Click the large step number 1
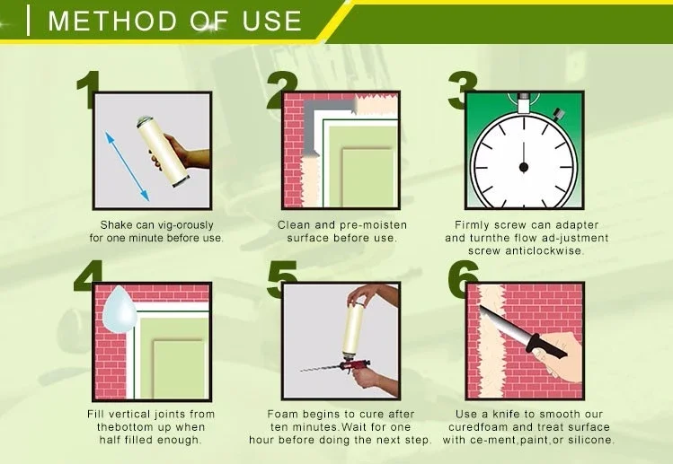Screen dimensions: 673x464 click(89, 90)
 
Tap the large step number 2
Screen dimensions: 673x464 click(282, 91)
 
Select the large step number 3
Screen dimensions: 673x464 click(462, 90)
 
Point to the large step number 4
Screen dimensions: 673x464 click(88, 276)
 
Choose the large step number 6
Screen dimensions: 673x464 click(463, 279)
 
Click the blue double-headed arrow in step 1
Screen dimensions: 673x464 click(127, 166)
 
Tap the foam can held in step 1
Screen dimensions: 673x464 click(163, 151)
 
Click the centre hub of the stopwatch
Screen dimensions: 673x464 click(524, 167)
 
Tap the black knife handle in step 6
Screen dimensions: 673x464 click(548, 348)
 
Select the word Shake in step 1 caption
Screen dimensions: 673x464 click(116, 224)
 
